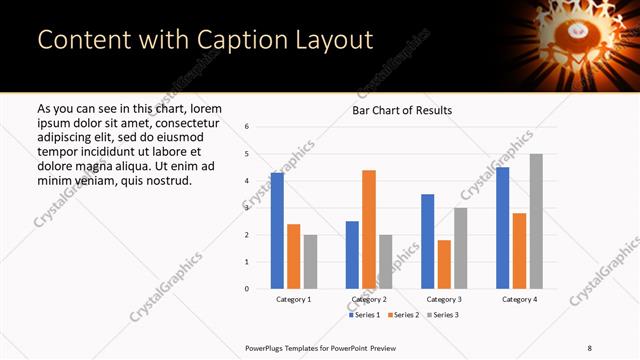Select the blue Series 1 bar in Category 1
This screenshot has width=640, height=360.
(x=277, y=231)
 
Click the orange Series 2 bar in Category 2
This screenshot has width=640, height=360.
(x=369, y=229)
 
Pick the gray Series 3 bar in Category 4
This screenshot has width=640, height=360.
(x=536, y=221)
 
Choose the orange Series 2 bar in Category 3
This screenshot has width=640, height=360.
(x=444, y=264)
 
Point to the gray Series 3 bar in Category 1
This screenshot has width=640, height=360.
(x=310, y=262)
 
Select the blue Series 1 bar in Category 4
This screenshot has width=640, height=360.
(x=503, y=228)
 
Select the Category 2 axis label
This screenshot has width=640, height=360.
(x=369, y=299)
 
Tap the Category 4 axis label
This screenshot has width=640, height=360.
(x=519, y=299)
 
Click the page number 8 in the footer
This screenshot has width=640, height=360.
(x=589, y=347)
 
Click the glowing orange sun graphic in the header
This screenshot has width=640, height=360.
(x=575, y=40)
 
